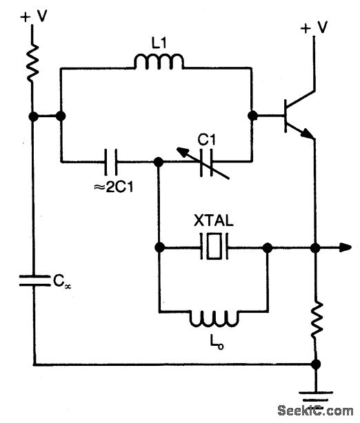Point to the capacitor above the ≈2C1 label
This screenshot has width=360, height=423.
[111, 162]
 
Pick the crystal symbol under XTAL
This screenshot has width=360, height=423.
[213, 247]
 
